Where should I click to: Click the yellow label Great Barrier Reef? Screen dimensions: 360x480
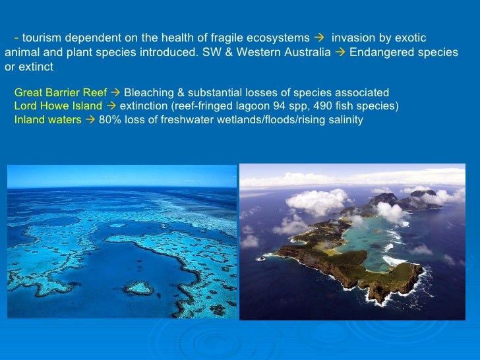tap(61, 92)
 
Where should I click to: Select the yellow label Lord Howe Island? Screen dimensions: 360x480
tap(58, 106)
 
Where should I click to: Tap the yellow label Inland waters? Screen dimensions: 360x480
tap(47, 120)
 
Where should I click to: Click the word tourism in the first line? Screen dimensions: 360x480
tap(41, 38)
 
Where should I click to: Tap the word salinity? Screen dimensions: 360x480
tap(343, 120)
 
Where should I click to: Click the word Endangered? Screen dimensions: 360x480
tap(378, 53)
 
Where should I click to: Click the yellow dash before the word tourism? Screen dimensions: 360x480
tap(16, 38)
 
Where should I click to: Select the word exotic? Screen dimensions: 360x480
tap(411, 38)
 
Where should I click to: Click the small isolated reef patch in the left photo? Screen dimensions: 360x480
tap(139, 287)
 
